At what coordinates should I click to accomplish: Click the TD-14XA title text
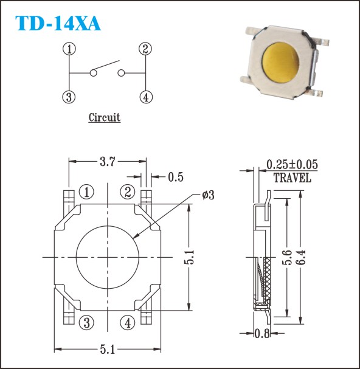pyautogui.click(x=58, y=23)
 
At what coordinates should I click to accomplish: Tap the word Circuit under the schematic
pyautogui.click(x=105, y=117)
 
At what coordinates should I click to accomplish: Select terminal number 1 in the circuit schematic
pyautogui.click(x=69, y=49)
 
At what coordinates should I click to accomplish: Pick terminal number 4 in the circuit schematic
pyautogui.click(x=146, y=97)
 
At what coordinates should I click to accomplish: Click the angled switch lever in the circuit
pyautogui.click(x=106, y=65)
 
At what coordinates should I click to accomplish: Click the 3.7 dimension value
pyautogui.click(x=108, y=162)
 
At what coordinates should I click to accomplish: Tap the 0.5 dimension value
pyautogui.click(x=176, y=177)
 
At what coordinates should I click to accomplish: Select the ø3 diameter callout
pyautogui.click(x=209, y=195)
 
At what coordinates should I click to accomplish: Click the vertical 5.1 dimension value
pyautogui.click(x=189, y=257)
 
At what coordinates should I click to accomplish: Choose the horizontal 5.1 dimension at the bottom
pyautogui.click(x=108, y=349)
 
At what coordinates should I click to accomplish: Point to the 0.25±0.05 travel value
pyautogui.click(x=292, y=164)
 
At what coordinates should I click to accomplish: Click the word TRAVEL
pyautogui.click(x=292, y=178)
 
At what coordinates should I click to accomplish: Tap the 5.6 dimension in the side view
pyautogui.click(x=287, y=257)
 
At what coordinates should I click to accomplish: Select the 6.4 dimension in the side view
pyautogui.click(x=300, y=257)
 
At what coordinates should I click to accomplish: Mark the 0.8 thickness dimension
pyautogui.click(x=262, y=333)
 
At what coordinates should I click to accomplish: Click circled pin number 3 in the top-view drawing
pyautogui.click(x=86, y=323)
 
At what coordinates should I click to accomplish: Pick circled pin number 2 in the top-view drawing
pyautogui.click(x=128, y=192)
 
